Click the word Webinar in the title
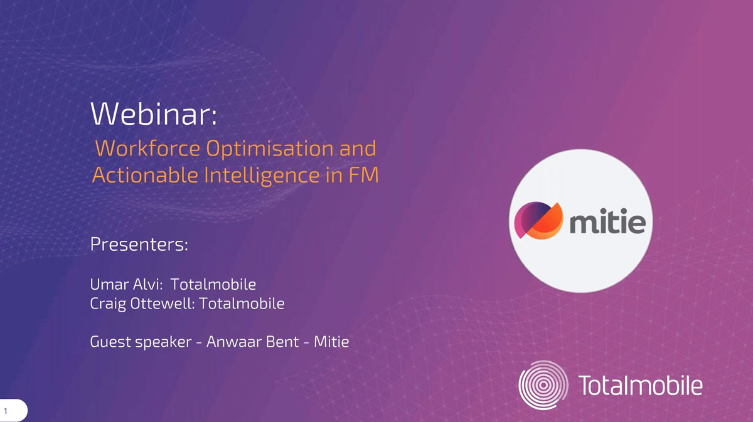pos(151,113)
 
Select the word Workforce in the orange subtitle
pos(147,148)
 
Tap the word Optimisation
pos(270,149)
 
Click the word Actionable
pos(145,175)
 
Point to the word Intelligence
pos(262,176)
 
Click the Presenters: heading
pos(139,244)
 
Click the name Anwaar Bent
pos(252,342)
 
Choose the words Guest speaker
pos(141,342)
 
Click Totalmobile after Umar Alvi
pos(213,284)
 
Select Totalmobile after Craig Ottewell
pos(242,303)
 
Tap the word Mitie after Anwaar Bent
pos(331,342)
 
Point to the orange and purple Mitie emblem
pos(538,221)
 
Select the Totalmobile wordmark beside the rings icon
pos(640,385)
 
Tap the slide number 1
pos(6,411)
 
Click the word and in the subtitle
pos(358,148)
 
